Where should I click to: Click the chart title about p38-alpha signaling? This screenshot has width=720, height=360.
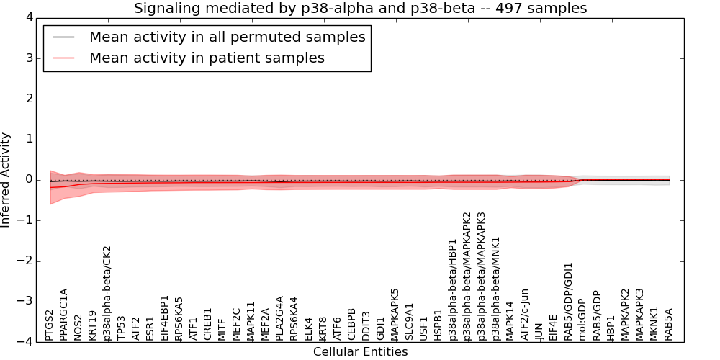pyautogui.click(x=360, y=8)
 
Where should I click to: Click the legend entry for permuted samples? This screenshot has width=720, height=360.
pyautogui.click(x=227, y=37)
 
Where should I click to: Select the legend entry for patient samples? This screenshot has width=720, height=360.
pyautogui.click(x=207, y=58)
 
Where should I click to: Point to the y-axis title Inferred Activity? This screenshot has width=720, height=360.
pyautogui.click(x=6, y=180)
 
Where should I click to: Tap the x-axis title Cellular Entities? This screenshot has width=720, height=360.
pyautogui.click(x=360, y=352)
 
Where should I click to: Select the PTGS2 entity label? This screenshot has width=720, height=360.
pyautogui.click(x=49, y=325)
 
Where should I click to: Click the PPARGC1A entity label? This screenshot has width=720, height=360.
pyautogui.click(x=63, y=314)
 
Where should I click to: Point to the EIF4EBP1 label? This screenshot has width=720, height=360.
pyautogui.click(x=165, y=317)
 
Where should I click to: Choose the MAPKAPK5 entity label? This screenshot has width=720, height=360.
pyautogui.click(x=395, y=314)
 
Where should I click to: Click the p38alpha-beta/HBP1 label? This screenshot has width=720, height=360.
pyautogui.click(x=452, y=289)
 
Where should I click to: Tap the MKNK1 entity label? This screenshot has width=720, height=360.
pyautogui.click(x=654, y=323)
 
